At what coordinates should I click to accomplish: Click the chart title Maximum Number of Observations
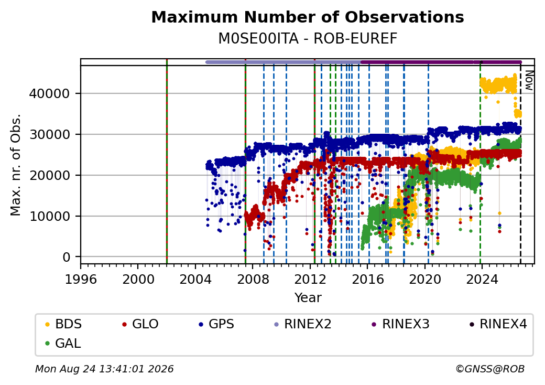pos(308,17)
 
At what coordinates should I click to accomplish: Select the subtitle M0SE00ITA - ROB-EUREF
pos(308,39)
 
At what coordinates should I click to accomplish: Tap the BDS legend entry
pos(63,324)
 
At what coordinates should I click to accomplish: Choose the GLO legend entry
pos(140,324)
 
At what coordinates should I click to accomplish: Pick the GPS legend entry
pos(216,324)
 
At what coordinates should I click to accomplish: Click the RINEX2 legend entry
pos(303,324)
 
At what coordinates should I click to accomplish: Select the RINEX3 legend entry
pos(401,324)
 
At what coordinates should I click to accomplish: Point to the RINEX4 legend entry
pos(498,324)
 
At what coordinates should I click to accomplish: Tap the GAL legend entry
pos(63,343)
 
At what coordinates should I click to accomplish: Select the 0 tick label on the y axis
pos(67,258)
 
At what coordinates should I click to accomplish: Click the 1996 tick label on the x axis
pos(81,279)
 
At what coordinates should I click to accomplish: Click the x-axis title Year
pos(308,298)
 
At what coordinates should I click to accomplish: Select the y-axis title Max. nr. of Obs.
pos(16,165)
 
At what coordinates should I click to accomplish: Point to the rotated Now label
pos(529,80)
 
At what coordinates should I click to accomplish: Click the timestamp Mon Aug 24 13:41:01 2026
pos(104,369)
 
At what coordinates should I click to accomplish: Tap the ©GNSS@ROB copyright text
pos(490,369)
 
